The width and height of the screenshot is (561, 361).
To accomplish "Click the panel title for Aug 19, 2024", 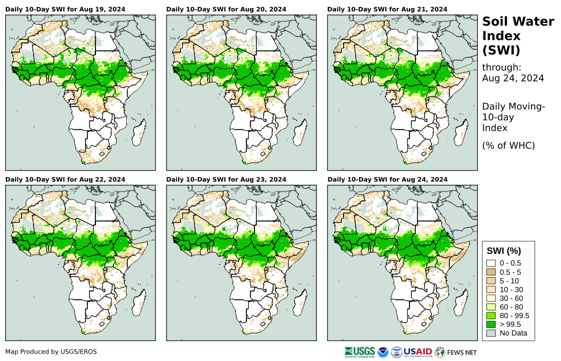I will pos(65,9).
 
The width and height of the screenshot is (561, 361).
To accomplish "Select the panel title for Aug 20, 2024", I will pos(226,9).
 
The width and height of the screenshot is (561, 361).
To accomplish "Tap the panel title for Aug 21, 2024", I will pos(387,9).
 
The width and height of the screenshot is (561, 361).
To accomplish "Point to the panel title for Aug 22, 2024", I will pos(65,179).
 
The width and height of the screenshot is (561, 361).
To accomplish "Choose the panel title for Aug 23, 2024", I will pos(226,179).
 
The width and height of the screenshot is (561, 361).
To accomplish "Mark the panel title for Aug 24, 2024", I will pos(387,179).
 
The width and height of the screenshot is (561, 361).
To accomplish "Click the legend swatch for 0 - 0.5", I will pos(491,263).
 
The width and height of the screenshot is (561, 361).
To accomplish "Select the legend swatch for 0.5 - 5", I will pos(491,271).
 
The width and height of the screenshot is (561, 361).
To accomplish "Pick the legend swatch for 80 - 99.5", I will pos(491,315).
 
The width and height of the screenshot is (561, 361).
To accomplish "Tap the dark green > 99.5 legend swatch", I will pos(491,324).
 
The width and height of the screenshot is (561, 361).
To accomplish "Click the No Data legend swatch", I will pos(491,333).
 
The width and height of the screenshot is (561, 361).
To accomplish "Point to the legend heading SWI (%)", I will pos(504,251).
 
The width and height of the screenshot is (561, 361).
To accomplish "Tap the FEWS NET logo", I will pos(456,351).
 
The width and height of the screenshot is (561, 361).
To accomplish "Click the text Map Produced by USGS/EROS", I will pos(51,352).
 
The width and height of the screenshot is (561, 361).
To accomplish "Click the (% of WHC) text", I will pos(508,145).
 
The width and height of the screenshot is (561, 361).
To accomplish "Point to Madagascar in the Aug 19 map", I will pos(138,134).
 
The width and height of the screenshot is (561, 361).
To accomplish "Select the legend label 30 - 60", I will pos(511,298).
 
